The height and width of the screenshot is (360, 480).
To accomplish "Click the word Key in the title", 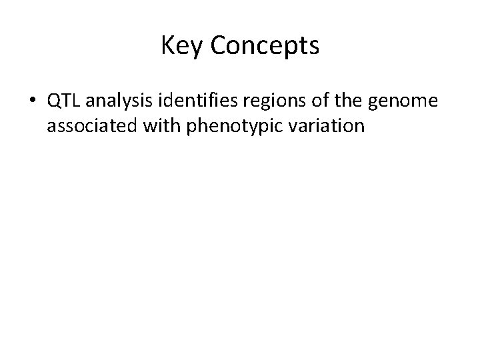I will coord(181,46).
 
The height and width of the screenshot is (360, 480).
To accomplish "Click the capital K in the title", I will coord(167,46).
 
